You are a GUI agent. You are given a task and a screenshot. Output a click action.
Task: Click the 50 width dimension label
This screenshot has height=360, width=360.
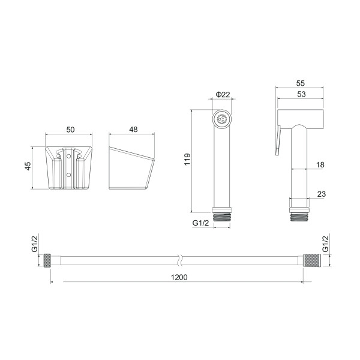click(x=70, y=130)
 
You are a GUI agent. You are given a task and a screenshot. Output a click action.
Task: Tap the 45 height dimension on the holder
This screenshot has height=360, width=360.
click(x=28, y=166)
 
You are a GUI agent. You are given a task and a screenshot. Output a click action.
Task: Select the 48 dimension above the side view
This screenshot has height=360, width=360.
click(x=133, y=130)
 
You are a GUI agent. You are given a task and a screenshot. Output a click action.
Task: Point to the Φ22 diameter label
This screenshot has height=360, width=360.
click(x=223, y=94)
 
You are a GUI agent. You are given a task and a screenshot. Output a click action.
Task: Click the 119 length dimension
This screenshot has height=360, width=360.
click(x=187, y=160)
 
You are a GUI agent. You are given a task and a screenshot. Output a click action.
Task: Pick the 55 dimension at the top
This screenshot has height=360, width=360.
click(x=301, y=83)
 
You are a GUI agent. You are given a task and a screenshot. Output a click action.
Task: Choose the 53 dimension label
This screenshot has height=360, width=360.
click(x=301, y=94)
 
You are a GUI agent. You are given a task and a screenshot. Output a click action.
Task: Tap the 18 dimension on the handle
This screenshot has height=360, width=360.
click(x=320, y=164)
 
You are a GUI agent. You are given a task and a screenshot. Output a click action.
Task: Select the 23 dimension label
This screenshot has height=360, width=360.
click(x=322, y=194)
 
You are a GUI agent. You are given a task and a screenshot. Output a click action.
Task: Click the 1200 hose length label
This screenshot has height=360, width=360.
click(x=179, y=277)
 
